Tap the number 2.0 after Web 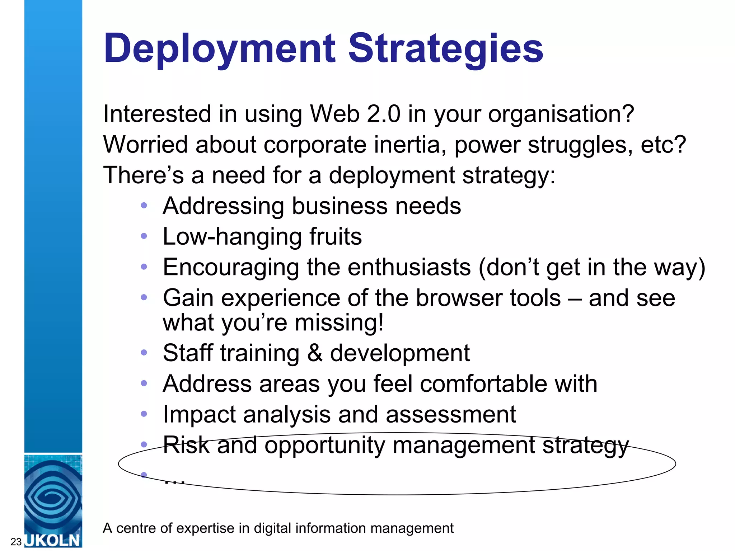pyautogui.click(x=384, y=114)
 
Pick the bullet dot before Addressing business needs pyautogui.click(x=144, y=206)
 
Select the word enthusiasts pyautogui.click(x=409, y=267)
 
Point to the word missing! pyautogui.click(x=339, y=322)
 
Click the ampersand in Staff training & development pyautogui.click(x=315, y=353)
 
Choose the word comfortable pyautogui.click(x=483, y=383)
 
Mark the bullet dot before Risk pyautogui.click(x=144, y=445)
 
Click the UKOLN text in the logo pyautogui.click(x=53, y=540)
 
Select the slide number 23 pyautogui.click(x=16, y=542)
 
